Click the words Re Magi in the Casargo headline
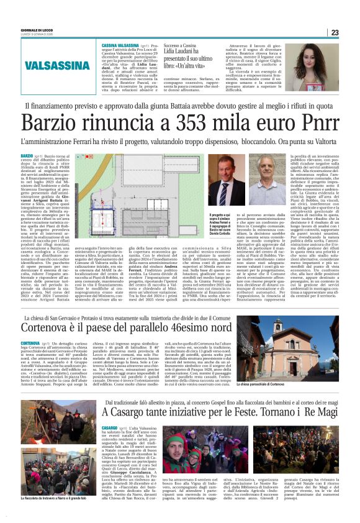[x=317, y=412]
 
